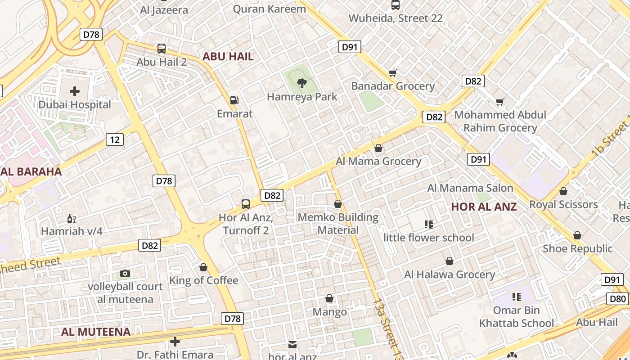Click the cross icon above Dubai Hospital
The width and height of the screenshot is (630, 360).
75,92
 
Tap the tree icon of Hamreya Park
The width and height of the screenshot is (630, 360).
302,83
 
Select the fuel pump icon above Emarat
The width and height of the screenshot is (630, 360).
234,100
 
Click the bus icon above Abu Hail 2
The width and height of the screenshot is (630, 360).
161,49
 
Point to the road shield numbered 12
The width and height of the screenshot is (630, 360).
115,139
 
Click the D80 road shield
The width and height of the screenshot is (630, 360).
618,299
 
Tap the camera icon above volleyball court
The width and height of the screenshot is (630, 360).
125,273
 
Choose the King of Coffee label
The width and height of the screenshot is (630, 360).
203,281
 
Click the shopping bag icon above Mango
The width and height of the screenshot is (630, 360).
329,298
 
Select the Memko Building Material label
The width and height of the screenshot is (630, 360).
338,224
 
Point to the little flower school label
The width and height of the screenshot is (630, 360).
429,238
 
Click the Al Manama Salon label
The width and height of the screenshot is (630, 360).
470,188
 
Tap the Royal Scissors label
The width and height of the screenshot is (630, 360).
563,205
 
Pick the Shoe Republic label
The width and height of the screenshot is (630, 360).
577,249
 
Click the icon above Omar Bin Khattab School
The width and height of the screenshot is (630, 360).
516,297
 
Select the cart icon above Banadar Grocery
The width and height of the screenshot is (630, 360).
392,73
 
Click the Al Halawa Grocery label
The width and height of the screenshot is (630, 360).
450,274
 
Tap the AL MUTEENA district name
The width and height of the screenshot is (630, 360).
96,332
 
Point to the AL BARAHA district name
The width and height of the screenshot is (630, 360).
31,171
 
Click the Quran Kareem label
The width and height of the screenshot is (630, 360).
270,9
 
